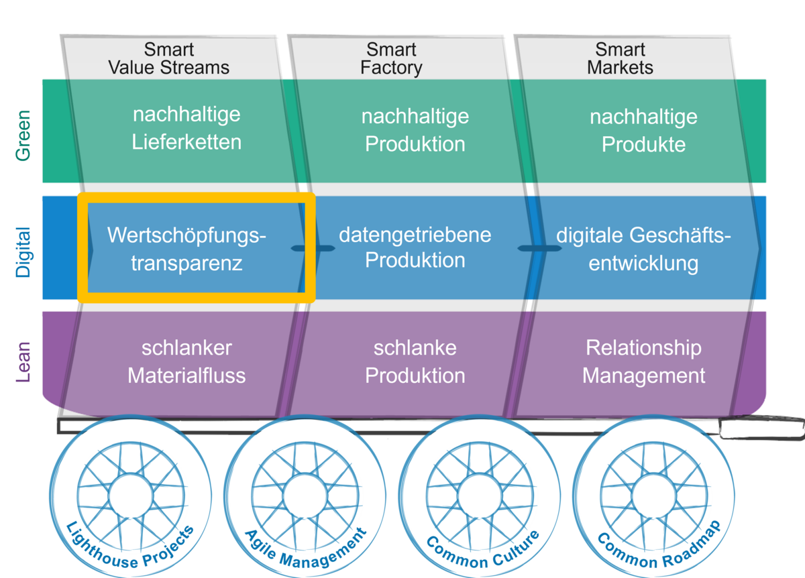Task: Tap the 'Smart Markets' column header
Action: [620, 59]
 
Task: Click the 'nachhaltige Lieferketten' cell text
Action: [186, 128]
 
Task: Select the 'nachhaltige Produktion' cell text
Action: [415, 130]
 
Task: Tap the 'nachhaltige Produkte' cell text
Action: [643, 130]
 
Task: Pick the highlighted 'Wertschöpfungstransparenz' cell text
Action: [186, 249]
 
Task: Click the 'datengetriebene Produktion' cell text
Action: [415, 247]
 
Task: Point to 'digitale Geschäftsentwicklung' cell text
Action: [643, 249]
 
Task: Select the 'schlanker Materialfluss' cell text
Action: [186, 361]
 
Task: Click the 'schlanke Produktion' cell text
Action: [415, 361]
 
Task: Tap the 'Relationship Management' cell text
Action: [643, 361]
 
